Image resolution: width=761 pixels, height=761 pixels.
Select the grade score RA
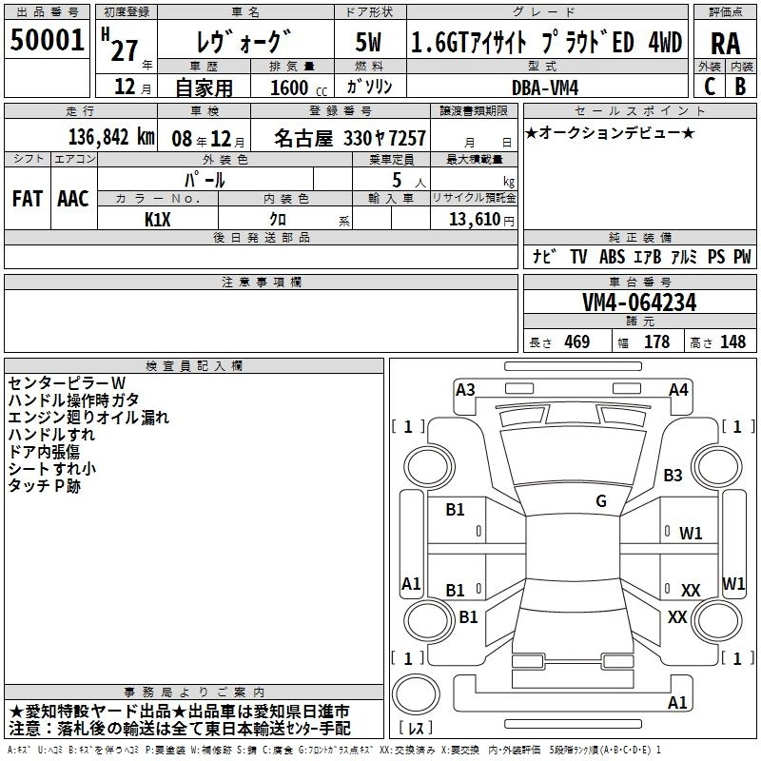coord(725,42)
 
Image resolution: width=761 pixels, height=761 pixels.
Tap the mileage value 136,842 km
coord(110,138)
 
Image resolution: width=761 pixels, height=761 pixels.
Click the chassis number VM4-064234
coord(639,303)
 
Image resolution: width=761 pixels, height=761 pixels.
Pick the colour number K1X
coord(158,218)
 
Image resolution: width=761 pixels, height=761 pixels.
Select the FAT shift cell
coord(27,199)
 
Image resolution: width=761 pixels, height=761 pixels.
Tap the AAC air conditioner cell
coord(72,199)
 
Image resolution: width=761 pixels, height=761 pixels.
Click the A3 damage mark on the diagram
coord(465,390)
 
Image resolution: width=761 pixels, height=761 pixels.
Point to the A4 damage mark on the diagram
coord(678,390)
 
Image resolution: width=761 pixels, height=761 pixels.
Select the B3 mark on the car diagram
coord(673,475)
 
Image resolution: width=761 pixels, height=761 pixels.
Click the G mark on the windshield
coord(601,501)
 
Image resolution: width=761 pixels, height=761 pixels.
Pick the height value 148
coord(732,342)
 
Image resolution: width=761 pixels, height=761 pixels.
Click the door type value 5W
coord(370,42)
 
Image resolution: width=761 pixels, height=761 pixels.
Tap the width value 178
coord(656,342)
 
